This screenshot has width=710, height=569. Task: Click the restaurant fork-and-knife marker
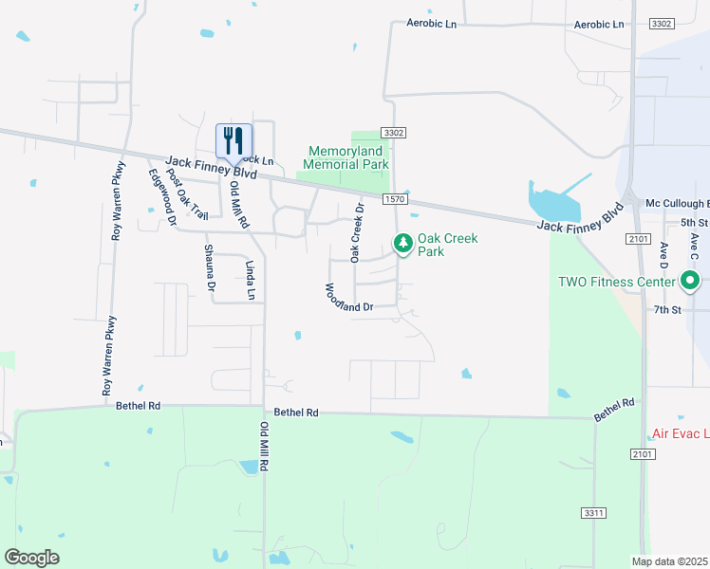(x=234, y=141)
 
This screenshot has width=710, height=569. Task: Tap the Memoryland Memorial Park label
(x=348, y=157)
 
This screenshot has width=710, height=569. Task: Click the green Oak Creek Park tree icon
(x=403, y=244)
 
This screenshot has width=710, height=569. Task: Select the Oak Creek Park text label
(x=444, y=245)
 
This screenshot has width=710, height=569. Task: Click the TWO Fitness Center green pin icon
(x=690, y=281)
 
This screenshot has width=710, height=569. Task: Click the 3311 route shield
(x=593, y=513)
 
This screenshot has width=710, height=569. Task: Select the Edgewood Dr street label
(x=162, y=197)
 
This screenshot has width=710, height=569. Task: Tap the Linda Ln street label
(x=252, y=281)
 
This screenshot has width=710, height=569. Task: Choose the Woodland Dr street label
(x=348, y=298)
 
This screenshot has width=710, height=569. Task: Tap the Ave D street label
(x=663, y=258)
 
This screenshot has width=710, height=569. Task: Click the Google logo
(x=31, y=558)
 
